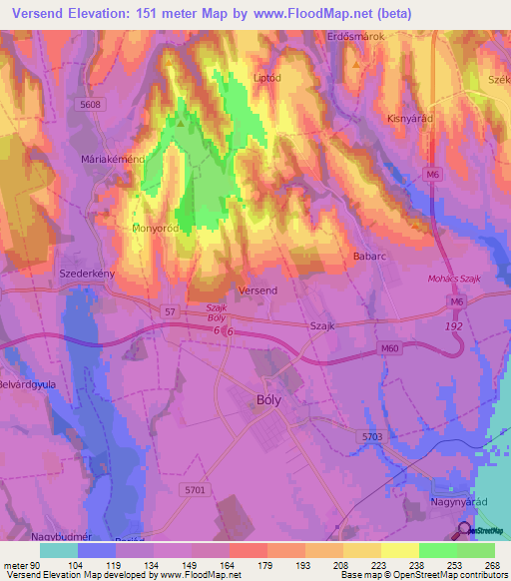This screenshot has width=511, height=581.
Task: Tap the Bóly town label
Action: tap(255, 401)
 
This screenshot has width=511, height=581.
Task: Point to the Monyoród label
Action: tap(155, 228)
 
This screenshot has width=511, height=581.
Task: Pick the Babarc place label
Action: tap(368, 256)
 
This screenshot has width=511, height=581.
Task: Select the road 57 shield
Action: tap(170, 311)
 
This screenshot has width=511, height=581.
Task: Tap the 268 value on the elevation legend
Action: tap(490, 566)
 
